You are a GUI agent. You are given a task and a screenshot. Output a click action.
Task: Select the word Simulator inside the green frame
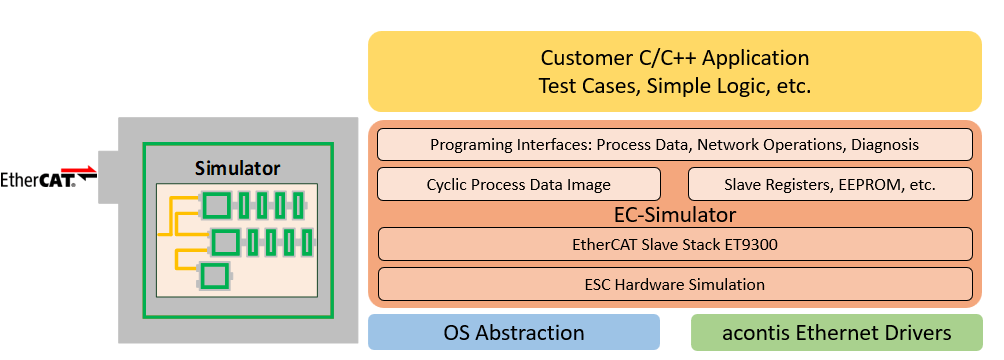pos(237,168)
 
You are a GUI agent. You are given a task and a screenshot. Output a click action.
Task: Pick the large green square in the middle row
pos(225,241)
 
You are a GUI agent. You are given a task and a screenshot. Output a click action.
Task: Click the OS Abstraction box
pos(513,332)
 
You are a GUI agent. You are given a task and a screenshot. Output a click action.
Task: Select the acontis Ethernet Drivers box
pos(836,332)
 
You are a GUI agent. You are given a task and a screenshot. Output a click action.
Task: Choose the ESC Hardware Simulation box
pos(674,284)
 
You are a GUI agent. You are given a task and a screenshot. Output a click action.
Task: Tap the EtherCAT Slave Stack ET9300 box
pos(674,244)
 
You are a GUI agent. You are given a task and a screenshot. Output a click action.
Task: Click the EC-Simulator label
pos(674,213)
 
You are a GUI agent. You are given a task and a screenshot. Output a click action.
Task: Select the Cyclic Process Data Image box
pos(518,184)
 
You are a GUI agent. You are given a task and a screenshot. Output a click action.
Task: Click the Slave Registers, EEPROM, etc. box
pos(830,184)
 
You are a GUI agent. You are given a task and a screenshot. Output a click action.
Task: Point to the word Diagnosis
pos(884,145)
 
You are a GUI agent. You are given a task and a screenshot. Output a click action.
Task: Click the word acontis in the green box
pos(755,332)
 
